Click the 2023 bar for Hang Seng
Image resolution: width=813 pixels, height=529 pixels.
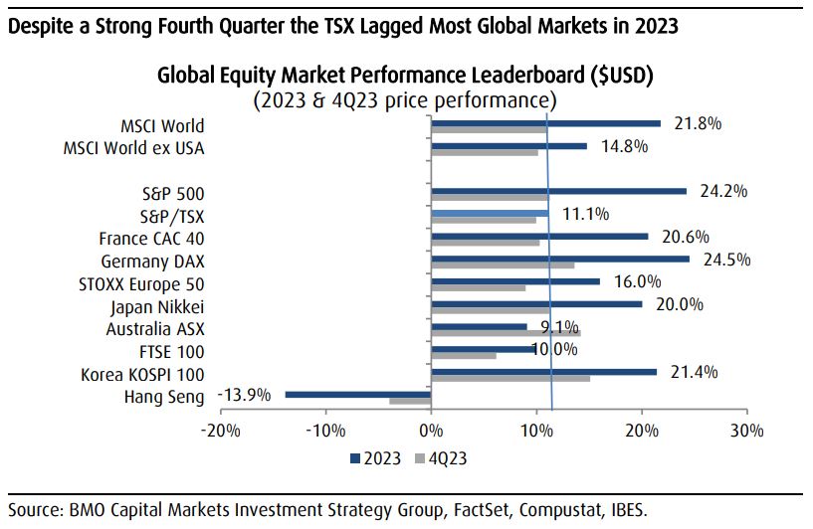coord(358,394)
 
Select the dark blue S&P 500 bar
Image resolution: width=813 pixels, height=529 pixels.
coord(558,190)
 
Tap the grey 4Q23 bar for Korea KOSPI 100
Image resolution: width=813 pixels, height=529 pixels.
coord(510,379)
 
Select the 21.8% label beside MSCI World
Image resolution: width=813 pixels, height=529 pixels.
coord(696,123)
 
